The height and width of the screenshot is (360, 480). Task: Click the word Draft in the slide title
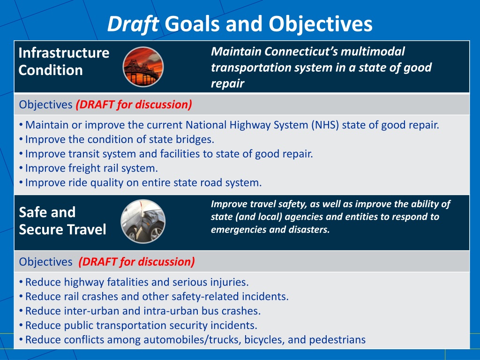133,24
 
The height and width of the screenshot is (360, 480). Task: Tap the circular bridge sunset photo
143,67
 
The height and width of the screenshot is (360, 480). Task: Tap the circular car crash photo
143,221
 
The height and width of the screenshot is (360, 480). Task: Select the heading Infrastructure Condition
64,61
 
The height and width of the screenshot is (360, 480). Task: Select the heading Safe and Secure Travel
62,221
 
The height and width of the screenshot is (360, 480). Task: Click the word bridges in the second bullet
196,139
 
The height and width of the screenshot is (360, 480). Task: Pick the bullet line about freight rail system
91,168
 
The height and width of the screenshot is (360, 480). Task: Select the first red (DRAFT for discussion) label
134,105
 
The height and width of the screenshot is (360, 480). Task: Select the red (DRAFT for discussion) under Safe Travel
137,262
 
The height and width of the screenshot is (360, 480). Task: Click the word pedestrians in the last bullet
337,340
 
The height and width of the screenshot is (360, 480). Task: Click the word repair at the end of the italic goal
227,84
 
